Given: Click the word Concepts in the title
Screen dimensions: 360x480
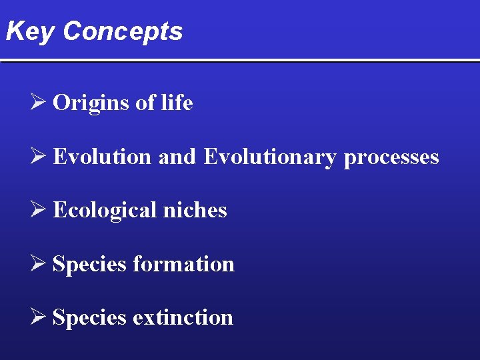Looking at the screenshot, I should tap(123, 31).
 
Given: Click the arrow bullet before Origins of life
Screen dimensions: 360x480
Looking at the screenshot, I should tap(39, 103).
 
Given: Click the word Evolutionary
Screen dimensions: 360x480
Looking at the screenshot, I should tap(270, 157).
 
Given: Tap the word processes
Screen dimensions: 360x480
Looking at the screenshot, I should tap(391, 157).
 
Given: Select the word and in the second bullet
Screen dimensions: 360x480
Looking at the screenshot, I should tap(177, 157).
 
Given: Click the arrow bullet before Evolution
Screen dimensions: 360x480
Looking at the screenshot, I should tap(39, 157).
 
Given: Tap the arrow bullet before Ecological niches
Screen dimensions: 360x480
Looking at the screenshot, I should tap(39, 210).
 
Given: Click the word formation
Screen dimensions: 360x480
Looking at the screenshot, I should tap(183, 264).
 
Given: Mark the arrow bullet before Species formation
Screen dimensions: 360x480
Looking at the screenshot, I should tap(39, 264).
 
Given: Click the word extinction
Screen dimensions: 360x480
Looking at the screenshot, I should tap(183, 317).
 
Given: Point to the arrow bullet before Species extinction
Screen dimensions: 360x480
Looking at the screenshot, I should tap(39, 317).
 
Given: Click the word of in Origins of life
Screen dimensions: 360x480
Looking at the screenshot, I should tap(145, 103).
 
